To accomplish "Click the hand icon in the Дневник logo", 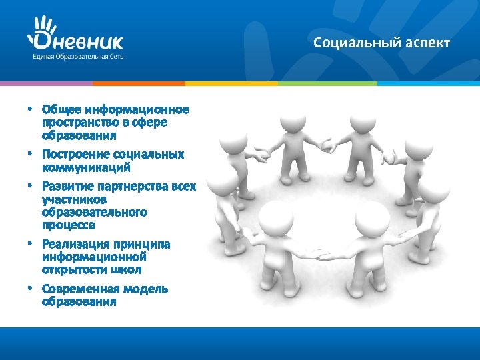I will [43, 28].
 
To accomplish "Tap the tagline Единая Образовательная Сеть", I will [77, 57].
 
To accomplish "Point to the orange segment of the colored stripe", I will [139, 83].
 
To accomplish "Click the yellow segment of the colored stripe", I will [231, 83].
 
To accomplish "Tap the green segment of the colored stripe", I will [327, 83].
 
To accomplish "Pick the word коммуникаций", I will [81, 167].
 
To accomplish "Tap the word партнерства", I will [133, 186].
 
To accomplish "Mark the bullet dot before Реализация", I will [30, 245].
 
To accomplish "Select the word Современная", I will [79, 289].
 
